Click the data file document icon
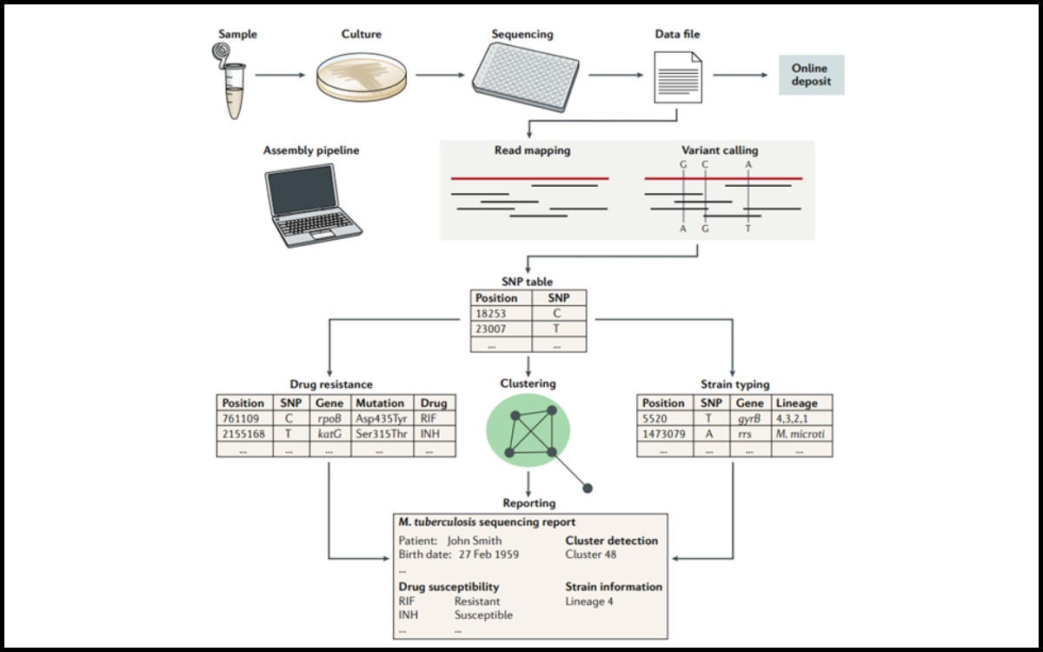[677, 77]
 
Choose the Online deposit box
[810, 75]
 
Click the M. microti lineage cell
[801, 433]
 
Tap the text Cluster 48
[590, 554]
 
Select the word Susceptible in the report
[483, 615]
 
